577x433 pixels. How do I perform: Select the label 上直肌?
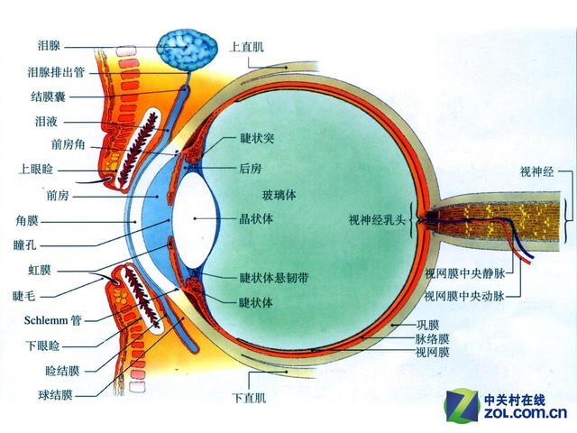coord(246,45)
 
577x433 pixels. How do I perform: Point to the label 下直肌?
coord(248,396)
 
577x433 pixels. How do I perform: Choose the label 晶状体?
coord(256,218)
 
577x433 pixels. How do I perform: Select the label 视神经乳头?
coord(378,219)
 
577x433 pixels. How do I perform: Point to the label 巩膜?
coord(426,324)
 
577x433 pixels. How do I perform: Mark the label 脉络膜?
coord(432,338)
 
